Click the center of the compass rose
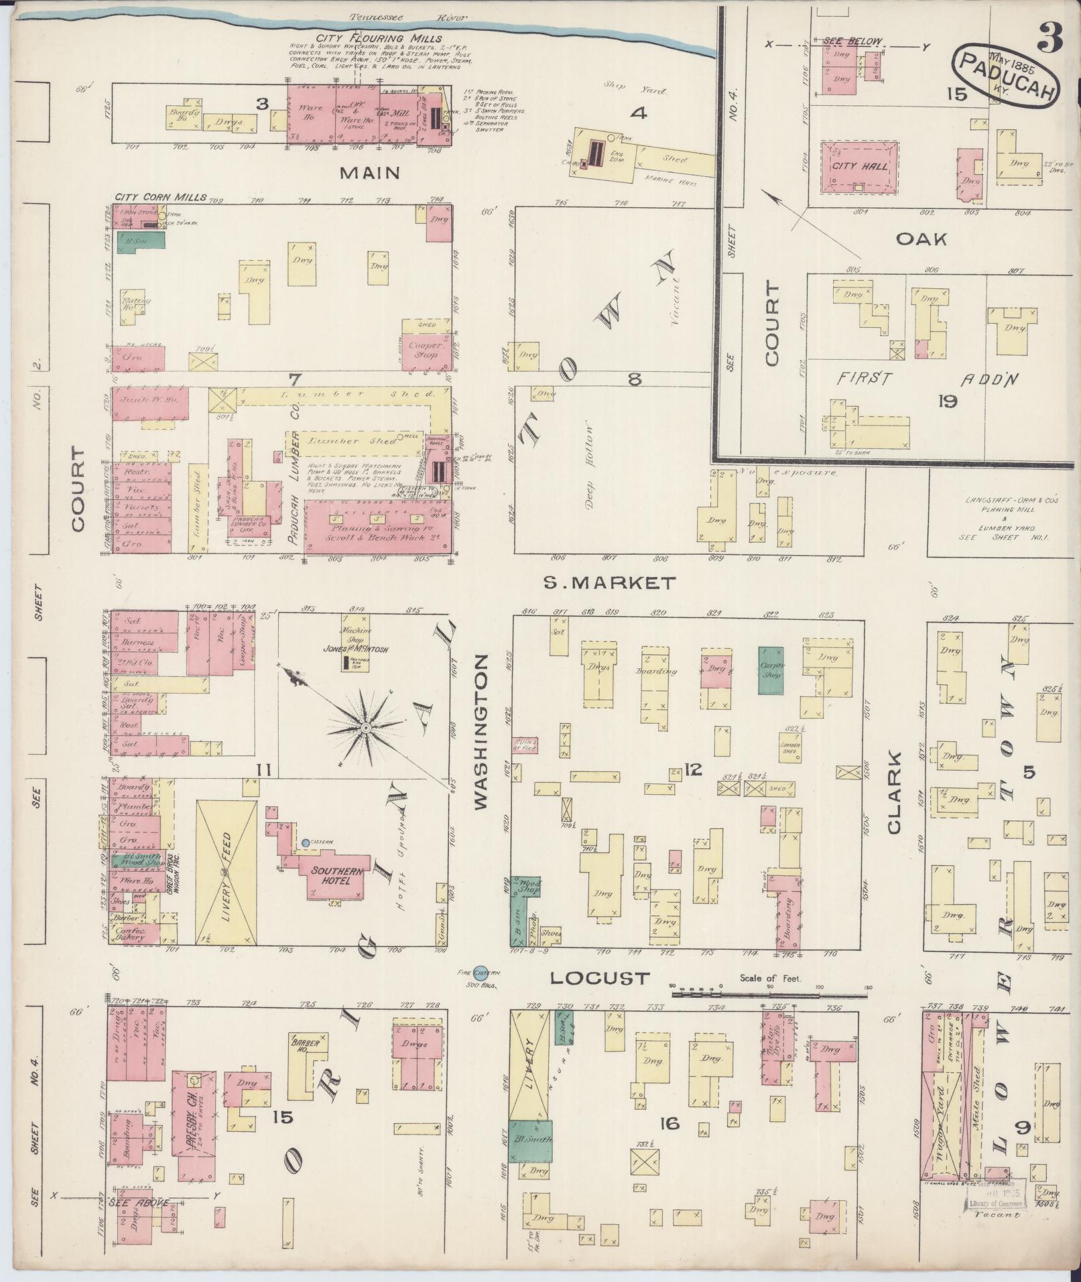(366, 727)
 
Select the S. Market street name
(609, 583)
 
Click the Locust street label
(600, 978)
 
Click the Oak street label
(921, 239)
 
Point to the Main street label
(370, 173)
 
